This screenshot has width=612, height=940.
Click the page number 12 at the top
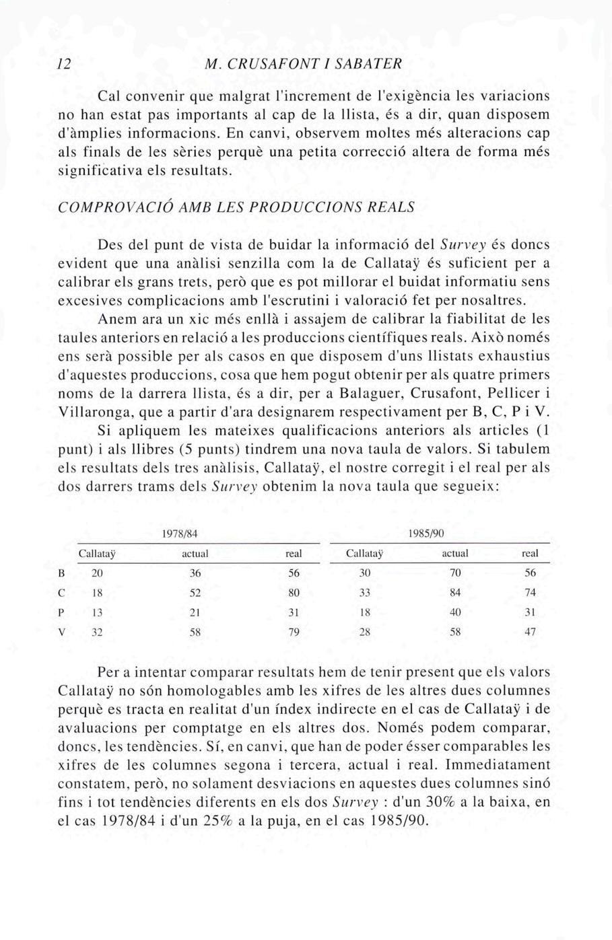tap(65, 64)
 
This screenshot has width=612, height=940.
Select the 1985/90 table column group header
tap(426, 534)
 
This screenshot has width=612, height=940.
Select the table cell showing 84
tap(455, 593)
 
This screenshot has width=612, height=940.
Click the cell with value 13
tap(97, 612)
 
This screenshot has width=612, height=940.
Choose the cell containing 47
tap(531, 632)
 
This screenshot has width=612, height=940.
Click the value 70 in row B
tap(455, 573)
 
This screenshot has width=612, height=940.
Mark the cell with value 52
tap(195, 593)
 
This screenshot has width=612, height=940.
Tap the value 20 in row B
tap(97, 573)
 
